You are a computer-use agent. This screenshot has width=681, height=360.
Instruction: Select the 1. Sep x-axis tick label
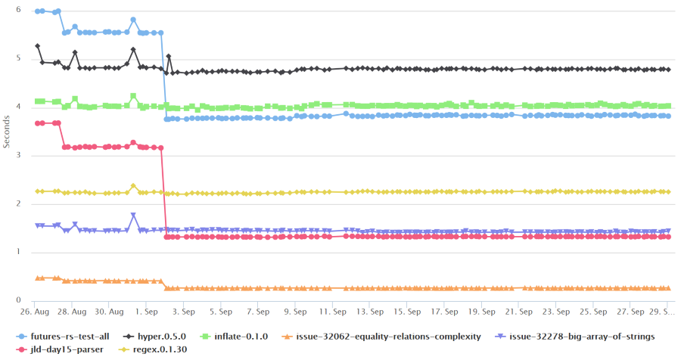[x=146, y=311]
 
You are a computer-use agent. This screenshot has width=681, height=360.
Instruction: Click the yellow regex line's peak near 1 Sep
[x=133, y=185]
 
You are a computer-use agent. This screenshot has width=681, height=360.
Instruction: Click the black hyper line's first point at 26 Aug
[x=38, y=46]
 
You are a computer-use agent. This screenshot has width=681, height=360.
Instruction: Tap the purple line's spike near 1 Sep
[x=133, y=215]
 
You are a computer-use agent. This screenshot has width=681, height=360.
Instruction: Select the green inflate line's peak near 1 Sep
[x=133, y=96]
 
